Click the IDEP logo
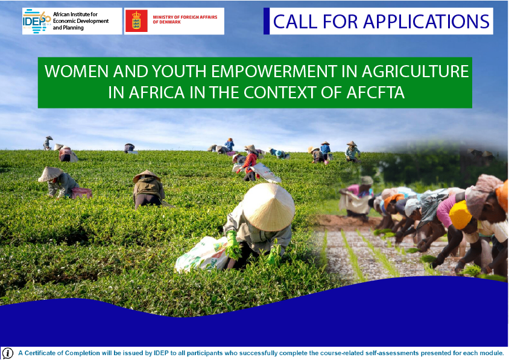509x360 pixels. (x=37, y=21)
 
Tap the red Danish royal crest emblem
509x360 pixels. (x=136, y=21)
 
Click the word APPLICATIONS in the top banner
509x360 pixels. (x=426, y=22)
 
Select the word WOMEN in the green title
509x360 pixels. (x=77, y=71)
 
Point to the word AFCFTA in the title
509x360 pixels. (x=375, y=92)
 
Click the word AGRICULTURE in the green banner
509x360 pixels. (x=415, y=71)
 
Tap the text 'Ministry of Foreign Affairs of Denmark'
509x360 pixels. (x=185, y=19)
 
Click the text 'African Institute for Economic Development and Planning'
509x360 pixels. (x=81, y=21)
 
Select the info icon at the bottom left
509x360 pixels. (x=7, y=353)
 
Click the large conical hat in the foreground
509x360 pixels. (x=269, y=207)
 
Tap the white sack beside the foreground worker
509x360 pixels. (x=201, y=254)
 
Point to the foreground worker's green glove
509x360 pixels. (x=232, y=244)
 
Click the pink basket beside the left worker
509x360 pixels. (x=82, y=193)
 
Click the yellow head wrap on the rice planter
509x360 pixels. (x=460, y=215)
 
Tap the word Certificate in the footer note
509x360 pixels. (x=41, y=353)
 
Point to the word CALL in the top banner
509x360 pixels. (x=295, y=22)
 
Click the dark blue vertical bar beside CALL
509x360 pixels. (x=267, y=21)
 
